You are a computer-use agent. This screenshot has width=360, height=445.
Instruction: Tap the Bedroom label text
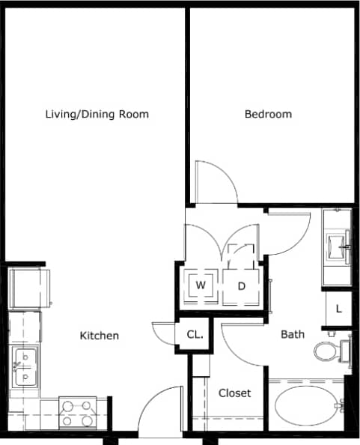pos(268,115)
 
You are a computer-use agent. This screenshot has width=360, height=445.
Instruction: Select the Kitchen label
pos(100,336)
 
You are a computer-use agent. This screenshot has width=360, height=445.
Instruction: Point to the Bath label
pos(293,333)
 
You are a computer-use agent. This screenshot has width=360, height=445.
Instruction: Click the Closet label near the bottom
pos(234,393)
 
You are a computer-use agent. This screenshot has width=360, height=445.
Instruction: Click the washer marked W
pos(201,285)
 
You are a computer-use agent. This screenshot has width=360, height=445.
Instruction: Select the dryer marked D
pos(242,285)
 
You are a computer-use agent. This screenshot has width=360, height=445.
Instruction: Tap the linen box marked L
pos(338,308)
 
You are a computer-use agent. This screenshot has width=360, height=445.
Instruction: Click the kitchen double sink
pos(25,367)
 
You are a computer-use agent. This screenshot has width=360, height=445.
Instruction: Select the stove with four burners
pos(77,411)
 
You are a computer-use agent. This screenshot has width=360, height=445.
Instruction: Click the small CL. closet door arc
pos(163,334)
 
